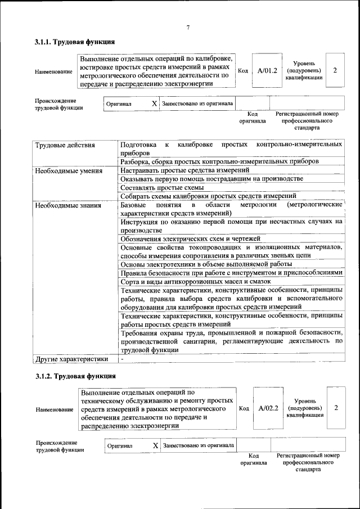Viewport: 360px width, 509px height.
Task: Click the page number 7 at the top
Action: (x=188, y=28)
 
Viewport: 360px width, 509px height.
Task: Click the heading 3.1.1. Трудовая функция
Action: (x=75, y=42)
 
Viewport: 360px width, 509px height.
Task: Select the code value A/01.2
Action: (x=267, y=71)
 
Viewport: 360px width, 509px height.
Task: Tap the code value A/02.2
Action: (x=268, y=408)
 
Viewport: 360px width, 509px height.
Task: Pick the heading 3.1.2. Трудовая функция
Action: (x=75, y=376)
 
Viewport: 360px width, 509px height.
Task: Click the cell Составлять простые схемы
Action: (x=162, y=187)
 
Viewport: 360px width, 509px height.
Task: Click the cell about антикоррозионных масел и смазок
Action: (x=196, y=281)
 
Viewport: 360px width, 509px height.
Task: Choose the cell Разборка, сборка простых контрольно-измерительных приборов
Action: (x=220, y=161)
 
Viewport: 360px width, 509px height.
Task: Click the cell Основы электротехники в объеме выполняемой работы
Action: (x=206, y=264)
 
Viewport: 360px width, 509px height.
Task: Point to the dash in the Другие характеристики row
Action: (x=122, y=358)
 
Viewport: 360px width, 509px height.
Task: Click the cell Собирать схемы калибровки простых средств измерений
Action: (x=208, y=196)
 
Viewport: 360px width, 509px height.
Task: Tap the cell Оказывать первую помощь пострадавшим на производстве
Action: (x=211, y=179)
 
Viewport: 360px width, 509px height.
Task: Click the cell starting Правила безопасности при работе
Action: (x=231, y=272)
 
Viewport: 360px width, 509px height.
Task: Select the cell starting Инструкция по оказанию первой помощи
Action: (x=231, y=226)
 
